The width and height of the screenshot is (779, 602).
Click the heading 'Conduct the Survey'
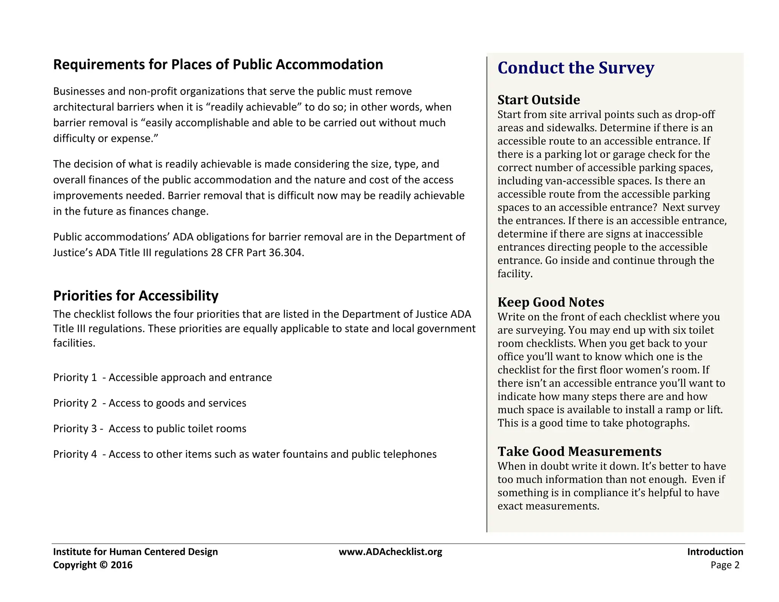[576, 68]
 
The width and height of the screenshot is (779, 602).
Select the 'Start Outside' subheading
[539, 100]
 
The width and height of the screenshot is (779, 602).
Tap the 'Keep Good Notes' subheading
[550, 302]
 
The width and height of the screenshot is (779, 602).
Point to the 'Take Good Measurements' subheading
[579, 451]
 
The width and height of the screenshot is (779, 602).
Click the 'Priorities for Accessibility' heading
[136, 296]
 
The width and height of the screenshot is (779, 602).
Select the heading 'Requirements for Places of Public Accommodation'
[218, 64]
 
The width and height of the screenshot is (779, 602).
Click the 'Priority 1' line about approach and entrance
[162, 377]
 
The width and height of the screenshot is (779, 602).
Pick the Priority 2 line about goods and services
[149, 403]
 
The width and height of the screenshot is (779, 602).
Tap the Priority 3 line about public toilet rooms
[149, 428]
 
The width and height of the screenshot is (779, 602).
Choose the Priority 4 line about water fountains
[245, 454]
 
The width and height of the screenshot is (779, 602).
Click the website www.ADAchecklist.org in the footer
[390, 552]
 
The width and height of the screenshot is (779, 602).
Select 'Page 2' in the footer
[725, 565]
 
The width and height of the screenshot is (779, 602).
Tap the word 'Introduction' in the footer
[715, 552]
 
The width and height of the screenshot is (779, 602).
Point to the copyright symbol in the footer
[103, 565]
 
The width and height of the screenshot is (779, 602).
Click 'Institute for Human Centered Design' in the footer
[135, 552]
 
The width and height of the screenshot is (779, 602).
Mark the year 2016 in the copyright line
[121, 565]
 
